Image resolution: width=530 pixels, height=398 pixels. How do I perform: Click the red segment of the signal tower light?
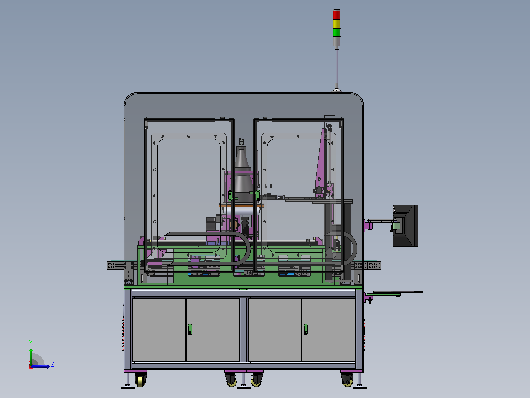337,15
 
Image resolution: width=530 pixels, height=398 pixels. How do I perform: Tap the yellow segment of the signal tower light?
337,24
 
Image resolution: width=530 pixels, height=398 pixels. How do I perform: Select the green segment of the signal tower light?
337,33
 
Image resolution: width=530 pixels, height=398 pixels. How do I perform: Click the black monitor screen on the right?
405,226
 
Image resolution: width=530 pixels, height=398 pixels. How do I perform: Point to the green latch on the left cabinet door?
190,329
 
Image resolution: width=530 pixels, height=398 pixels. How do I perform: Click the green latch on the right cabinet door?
306,329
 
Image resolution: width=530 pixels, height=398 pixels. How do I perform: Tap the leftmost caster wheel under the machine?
140,380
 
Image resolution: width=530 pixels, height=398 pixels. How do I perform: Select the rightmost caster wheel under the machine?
347,380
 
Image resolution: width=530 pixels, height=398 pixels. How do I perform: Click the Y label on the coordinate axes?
31,342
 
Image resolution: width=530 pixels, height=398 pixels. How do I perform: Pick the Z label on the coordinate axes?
53,364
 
